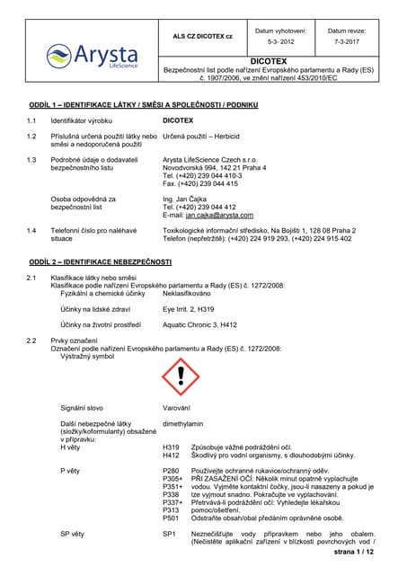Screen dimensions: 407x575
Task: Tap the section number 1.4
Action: click(x=32, y=230)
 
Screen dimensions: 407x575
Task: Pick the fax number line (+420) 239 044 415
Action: click(x=200, y=182)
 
